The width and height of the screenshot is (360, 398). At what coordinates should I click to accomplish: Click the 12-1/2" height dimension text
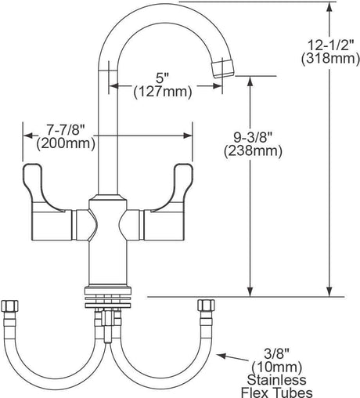click(330, 45)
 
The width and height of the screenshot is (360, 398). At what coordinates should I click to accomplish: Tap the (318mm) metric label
click(330, 58)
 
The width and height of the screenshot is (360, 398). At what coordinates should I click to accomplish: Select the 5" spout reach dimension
click(163, 78)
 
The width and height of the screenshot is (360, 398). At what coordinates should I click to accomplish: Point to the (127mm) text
click(163, 92)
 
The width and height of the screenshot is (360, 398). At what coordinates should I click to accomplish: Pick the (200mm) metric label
click(66, 143)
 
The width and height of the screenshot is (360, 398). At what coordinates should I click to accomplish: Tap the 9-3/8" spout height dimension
click(253, 137)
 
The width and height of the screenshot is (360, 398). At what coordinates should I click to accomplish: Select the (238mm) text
click(253, 151)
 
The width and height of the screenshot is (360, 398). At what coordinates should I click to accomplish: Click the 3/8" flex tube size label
click(276, 354)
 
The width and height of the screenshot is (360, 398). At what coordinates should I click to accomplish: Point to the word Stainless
click(277, 380)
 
